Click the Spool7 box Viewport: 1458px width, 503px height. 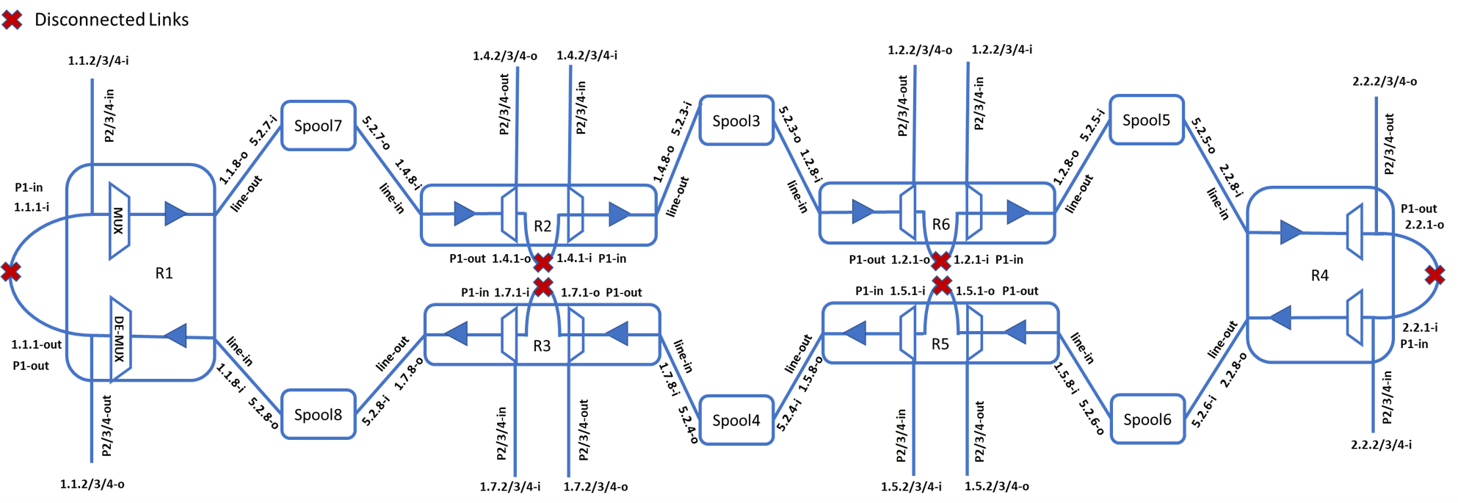tap(318, 126)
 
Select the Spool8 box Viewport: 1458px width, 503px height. tap(318, 415)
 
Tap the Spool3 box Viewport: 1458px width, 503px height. tap(736, 120)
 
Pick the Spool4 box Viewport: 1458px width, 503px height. tap(736, 420)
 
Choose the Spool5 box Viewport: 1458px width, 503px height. tap(1146, 120)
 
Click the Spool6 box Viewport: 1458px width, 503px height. tap(1147, 419)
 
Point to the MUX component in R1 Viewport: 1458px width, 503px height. tap(119, 220)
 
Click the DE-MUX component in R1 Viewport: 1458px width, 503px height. tap(120, 339)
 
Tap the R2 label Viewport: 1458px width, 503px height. tap(543, 226)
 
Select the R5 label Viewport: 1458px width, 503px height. tap(940, 344)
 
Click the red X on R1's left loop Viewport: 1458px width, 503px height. tap(11, 272)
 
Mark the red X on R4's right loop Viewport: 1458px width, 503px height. tap(1435, 275)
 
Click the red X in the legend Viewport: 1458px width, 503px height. tap(12, 20)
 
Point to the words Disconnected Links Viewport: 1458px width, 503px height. tap(112, 20)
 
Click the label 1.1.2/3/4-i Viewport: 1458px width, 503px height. tap(98, 61)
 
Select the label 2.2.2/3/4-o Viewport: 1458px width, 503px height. tap(1385, 82)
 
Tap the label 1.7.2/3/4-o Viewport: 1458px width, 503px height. tap(595, 487)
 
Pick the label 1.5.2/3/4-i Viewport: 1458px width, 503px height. tap(911, 487)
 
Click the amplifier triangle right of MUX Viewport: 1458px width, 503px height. tap(175, 214)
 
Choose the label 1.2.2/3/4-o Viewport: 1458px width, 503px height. tap(920, 50)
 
